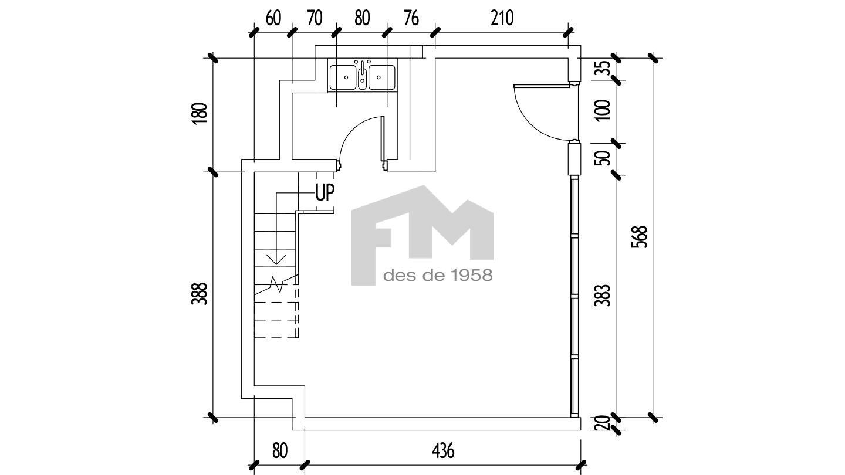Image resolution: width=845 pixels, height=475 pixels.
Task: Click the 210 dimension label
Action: point(502,18)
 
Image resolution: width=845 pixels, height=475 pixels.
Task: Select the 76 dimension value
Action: point(411,18)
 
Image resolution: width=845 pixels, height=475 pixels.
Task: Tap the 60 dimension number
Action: point(273,18)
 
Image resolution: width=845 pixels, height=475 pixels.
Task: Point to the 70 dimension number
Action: point(315,18)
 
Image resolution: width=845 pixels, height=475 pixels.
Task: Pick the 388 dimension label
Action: point(200,294)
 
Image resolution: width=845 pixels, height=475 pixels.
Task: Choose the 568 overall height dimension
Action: point(640,237)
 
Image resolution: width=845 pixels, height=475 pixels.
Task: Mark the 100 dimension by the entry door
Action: point(602,110)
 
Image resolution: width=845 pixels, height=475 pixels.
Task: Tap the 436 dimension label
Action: point(443,451)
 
